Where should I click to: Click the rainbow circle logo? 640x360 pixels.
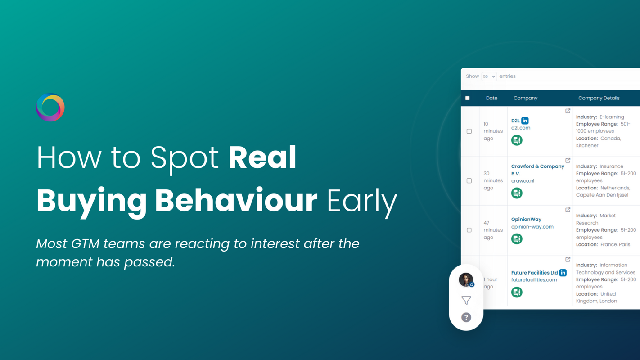coord(50,108)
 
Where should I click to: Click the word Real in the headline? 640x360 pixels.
coord(262,157)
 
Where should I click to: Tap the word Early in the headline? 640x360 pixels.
coord(362,201)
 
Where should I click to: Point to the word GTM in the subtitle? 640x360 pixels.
coord(85,243)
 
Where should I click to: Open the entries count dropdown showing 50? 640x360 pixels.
coord(489,76)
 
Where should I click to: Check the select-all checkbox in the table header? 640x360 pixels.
coord(467,98)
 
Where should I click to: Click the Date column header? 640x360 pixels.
coord(491,98)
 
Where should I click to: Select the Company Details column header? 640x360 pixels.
coord(599,98)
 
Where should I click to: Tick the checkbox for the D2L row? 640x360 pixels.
coord(469,131)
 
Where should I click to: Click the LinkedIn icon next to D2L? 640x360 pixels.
coord(525,121)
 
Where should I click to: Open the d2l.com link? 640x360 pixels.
coord(521,128)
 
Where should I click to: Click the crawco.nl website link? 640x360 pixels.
coord(523,181)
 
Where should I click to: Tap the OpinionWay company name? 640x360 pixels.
coord(526,220)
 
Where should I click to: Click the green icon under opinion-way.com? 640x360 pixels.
coord(517,239)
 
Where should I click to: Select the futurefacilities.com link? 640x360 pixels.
coord(534,280)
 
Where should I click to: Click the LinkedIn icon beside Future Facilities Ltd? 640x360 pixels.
coord(563,273)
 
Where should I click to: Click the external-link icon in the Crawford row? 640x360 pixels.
coord(568,160)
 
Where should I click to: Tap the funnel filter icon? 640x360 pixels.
coord(466,300)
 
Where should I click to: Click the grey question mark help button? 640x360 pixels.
coord(466,317)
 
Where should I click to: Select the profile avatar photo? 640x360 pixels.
coord(465,279)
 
